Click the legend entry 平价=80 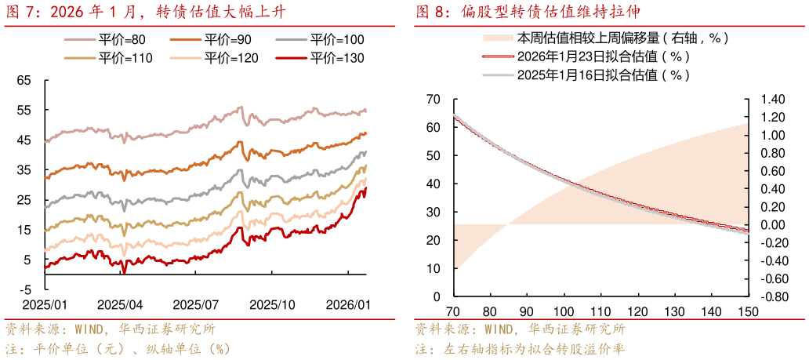(x=117, y=40)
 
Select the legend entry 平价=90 (x=223, y=40)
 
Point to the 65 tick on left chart (x=24, y=80)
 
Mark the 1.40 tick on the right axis (x=772, y=100)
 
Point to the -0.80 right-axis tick (x=771, y=297)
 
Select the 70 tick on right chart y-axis (x=433, y=100)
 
